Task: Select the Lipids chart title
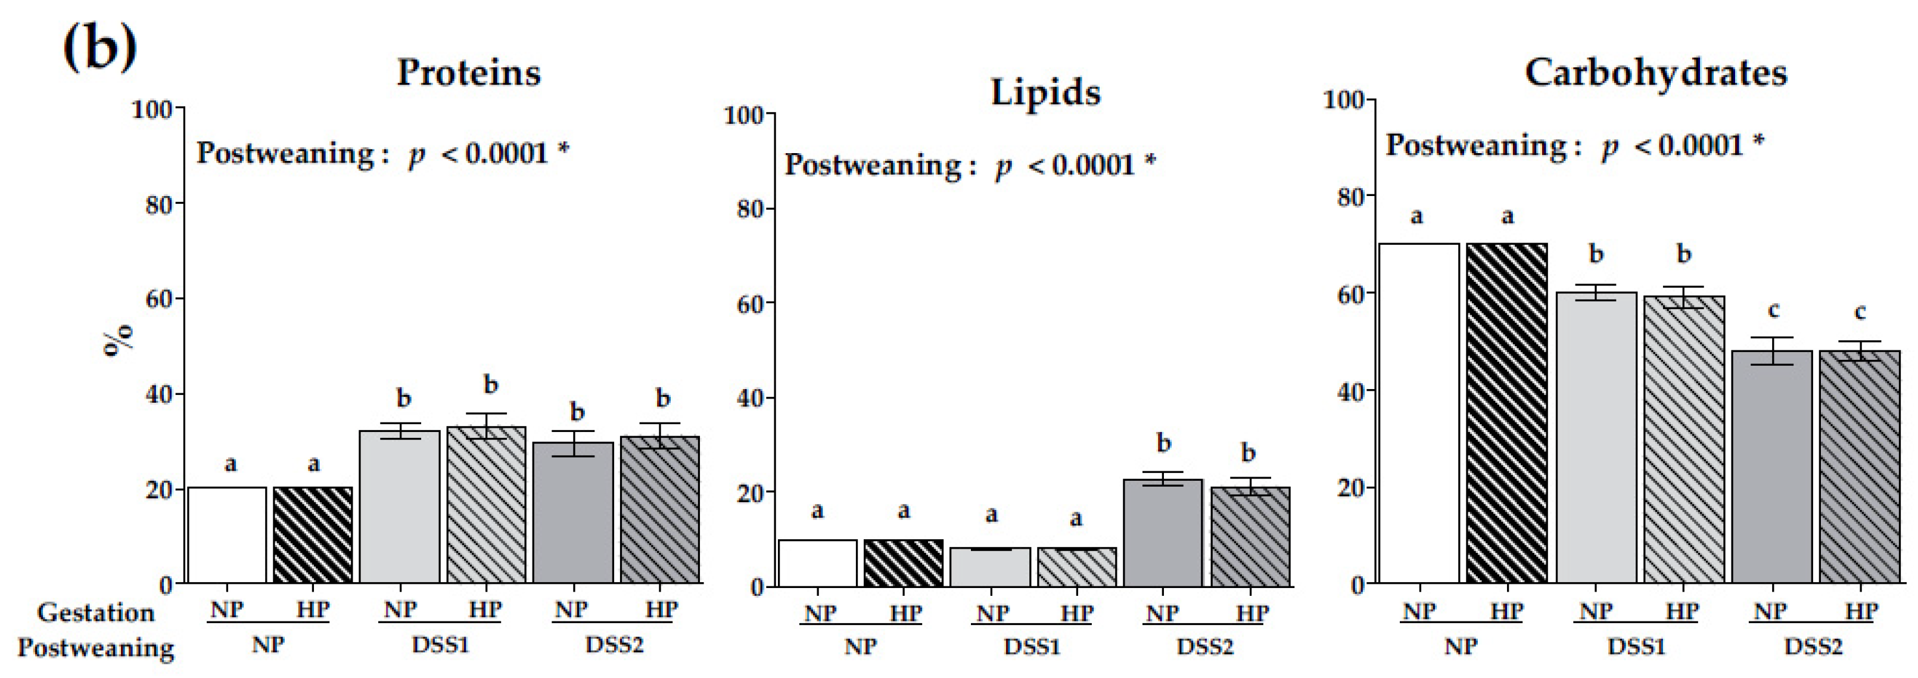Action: click(1045, 93)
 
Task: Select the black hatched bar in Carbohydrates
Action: click(1507, 413)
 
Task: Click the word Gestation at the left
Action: click(96, 612)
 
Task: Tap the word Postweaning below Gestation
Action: click(96, 648)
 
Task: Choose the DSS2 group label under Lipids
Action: click(1204, 646)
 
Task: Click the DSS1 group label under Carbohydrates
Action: click(1636, 646)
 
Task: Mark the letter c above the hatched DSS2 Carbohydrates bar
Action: click(1859, 312)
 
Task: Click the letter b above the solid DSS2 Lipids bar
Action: click(1163, 443)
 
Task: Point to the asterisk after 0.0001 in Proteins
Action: click(563, 148)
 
